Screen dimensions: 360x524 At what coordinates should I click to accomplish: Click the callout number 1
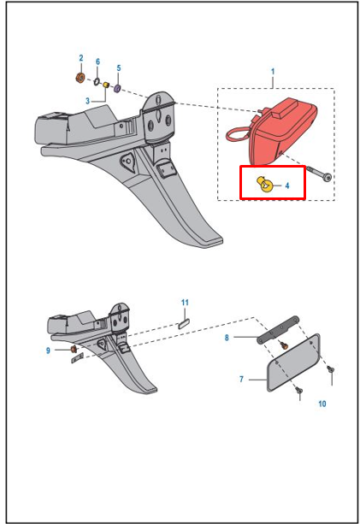click(273, 72)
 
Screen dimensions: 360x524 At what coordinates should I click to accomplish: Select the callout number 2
click(81, 58)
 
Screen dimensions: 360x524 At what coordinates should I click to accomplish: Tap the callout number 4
click(287, 185)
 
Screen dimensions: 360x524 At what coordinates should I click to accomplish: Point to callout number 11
click(185, 303)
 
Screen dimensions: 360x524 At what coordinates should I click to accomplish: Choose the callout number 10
click(322, 403)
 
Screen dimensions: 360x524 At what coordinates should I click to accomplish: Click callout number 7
click(241, 380)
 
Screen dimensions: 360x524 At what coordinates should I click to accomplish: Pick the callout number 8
click(227, 338)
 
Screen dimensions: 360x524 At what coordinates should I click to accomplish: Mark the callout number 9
click(48, 350)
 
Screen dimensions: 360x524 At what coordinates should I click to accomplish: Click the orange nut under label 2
click(80, 78)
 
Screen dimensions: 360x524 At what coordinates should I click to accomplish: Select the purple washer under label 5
click(117, 89)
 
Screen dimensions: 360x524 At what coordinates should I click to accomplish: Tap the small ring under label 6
click(97, 81)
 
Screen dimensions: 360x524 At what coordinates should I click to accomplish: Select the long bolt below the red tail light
click(319, 174)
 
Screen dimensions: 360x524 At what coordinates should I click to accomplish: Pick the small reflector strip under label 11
click(184, 324)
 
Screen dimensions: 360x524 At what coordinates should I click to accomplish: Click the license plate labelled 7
click(293, 362)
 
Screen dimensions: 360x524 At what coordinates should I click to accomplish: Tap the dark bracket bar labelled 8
click(278, 330)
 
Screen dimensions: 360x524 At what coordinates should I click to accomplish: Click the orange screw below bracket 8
click(284, 345)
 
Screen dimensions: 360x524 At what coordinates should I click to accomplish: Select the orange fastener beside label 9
click(74, 350)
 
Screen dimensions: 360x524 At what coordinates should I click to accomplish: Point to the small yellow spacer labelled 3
click(106, 85)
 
